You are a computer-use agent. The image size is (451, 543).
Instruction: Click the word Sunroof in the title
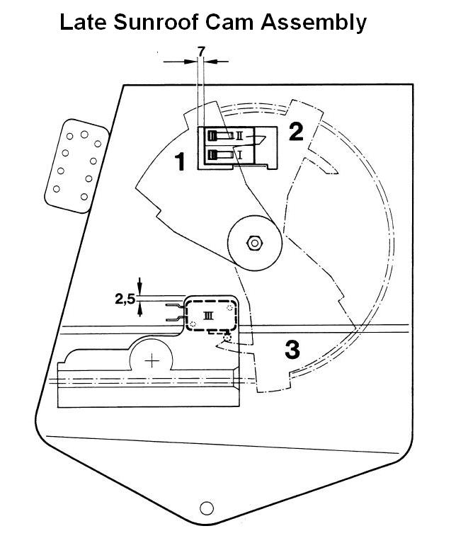pos(155,22)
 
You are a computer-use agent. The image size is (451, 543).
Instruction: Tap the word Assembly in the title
pos(314,23)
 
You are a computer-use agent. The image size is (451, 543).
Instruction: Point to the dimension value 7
pos(201,51)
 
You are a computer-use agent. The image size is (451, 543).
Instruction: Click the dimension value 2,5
pos(125,299)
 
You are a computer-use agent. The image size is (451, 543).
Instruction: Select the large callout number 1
pos(180,161)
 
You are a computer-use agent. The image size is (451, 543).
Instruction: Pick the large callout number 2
pos(296,132)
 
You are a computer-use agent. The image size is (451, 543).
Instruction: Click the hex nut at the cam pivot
pos(255,243)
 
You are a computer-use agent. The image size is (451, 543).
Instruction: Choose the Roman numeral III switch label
pos(208,315)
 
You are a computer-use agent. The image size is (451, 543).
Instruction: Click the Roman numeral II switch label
pos(239,136)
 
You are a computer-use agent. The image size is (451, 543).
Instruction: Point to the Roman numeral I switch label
pos(241,154)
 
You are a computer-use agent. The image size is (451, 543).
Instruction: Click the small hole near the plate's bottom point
pos(207,508)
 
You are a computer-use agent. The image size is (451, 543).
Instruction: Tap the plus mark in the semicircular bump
pos(152,362)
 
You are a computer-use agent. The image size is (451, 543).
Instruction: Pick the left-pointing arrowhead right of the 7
pos(210,62)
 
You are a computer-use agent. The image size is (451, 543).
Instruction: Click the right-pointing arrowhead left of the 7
pos(190,62)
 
